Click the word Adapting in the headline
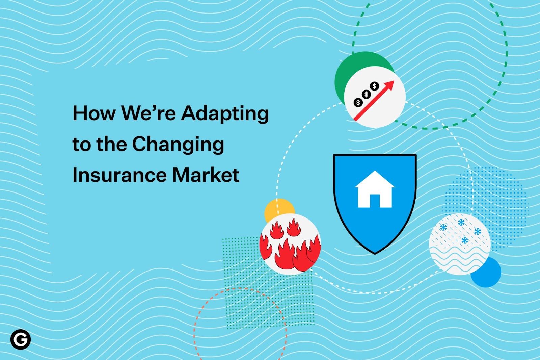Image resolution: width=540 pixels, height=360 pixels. [225, 113]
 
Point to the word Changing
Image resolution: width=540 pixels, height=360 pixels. [178, 145]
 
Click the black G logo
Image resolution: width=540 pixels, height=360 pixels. [20, 339]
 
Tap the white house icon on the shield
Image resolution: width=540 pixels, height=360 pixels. [375, 190]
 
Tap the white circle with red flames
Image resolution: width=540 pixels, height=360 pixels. [290, 243]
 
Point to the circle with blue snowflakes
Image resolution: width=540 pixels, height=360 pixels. [460, 244]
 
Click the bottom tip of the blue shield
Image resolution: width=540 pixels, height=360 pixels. [375, 253]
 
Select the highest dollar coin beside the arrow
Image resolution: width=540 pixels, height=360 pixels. [374, 86]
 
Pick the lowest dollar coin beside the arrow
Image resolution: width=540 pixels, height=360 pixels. [358, 102]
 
